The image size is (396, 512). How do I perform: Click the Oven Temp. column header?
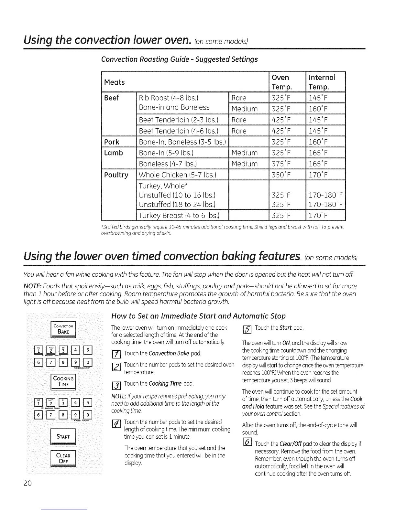pos(280,82)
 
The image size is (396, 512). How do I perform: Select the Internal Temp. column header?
pos(322,82)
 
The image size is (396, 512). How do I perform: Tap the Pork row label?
pos(112,142)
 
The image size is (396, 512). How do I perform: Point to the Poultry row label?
pos(116,175)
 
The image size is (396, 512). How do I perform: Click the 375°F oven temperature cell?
pos(281,164)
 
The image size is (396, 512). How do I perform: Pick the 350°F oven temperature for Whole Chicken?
pos(281,175)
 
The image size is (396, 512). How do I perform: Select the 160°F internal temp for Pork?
pos(318,142)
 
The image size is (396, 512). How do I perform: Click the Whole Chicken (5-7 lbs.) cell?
pos(177,175)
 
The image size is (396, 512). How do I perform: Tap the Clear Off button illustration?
pos(63,458)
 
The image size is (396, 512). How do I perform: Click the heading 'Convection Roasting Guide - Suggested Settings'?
pos(179,59)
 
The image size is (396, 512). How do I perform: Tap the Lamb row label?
pos(114,153)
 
